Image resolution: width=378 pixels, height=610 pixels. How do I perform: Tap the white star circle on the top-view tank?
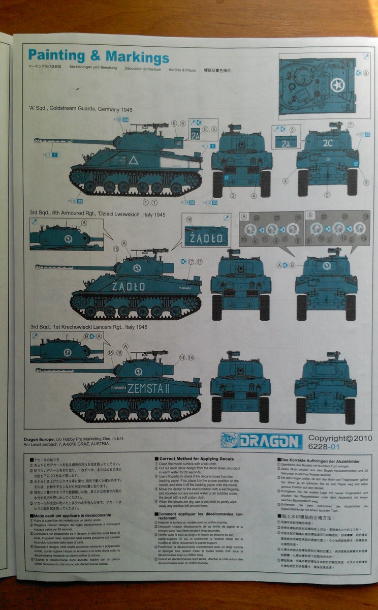pos(337,84)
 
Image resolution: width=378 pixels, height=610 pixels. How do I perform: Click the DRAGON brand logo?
pos(261,441)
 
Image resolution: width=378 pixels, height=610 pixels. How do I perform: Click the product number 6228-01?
pos(324,447)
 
